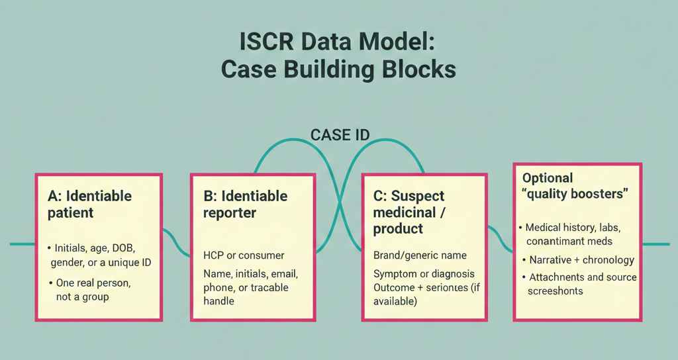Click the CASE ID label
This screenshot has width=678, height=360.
pos(340,135)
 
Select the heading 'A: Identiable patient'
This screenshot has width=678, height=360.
pos(89,204)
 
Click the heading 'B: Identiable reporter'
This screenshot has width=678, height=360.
pos(246,204)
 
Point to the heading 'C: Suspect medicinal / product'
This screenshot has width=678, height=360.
pos(409,212)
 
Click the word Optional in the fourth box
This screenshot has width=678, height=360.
pos(548,178)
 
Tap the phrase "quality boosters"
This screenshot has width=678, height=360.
pos(575,194)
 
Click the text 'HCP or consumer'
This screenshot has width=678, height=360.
pos(244,255)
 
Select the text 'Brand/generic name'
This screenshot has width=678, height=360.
pos(420,255)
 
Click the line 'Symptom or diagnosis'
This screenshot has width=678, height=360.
pos(424,274)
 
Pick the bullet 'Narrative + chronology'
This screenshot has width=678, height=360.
pos(581,259)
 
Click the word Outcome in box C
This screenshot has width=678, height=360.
pos(395,288)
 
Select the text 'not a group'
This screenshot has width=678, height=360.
pos(82,297)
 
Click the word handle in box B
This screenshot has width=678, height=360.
pos(218,301)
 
